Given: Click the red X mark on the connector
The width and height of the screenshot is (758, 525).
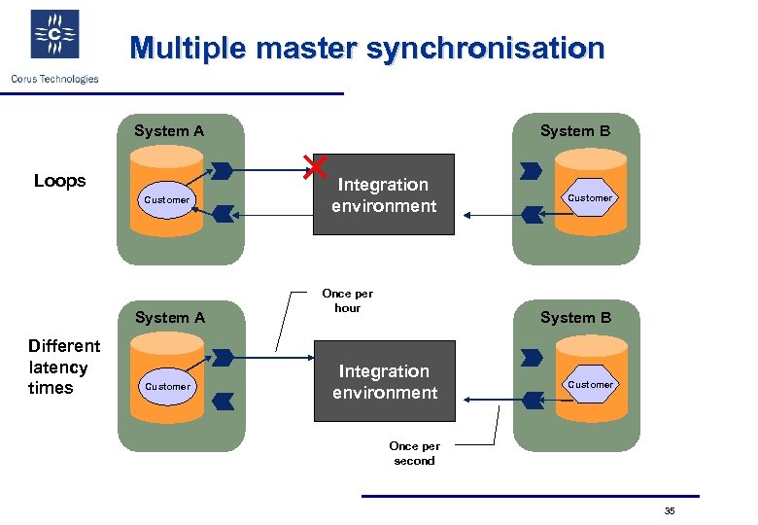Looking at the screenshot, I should (x=314, y=166).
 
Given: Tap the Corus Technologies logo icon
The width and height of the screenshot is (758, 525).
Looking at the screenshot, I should (x=54, y=35).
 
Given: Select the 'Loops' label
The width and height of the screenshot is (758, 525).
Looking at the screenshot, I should (x=59, y=181).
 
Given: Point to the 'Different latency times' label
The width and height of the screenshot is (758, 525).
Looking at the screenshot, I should (x=64, y=367).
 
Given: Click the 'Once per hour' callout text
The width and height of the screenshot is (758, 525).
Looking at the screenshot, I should (x=347, y=300).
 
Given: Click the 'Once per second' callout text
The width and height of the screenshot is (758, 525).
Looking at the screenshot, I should (x=414, y=453).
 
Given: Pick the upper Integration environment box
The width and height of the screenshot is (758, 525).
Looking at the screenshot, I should (x=383, y=194).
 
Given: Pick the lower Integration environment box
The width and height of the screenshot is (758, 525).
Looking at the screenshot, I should (x=384, y=381).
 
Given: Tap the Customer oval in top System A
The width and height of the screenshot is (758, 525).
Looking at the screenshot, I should (x=167, y=200).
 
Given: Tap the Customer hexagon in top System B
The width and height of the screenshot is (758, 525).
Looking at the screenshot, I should (x=590, y=198).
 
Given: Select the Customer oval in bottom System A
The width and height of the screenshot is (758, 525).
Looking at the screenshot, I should (x=167, y=387).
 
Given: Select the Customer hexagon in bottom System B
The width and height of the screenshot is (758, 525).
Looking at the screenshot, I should (x=590, y=385).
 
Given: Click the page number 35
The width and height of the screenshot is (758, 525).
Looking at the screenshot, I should (x=670, y=511).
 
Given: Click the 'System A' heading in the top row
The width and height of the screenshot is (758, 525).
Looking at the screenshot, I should (x=169, y=131).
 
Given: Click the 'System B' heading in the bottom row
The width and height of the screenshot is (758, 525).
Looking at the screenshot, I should (x=575, y=318).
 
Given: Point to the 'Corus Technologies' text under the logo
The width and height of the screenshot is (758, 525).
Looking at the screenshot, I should (x=54, y=79).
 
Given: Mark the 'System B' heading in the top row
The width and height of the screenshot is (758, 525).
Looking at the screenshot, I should (x=575, y=131).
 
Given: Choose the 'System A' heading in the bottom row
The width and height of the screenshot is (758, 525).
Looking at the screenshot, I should (x=170, y=318).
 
